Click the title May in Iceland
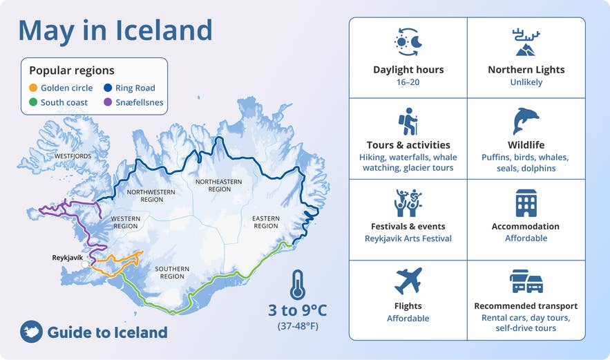point(115,30)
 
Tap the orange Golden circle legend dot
point(33,88)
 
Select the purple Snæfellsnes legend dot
point(108,103)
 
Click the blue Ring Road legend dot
point(108,88)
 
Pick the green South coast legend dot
point(33,103)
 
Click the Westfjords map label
point(73,156)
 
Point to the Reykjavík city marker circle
point(85,264)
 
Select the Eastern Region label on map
point(265,222)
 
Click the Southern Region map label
point(172,273)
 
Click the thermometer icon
point(298,284)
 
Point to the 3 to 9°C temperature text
point(297,310)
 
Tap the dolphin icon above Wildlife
point(526,121)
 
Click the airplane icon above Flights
point(408,281)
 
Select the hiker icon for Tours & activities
point(408,121)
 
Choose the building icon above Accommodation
point(526,203)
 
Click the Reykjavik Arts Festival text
point(408,238)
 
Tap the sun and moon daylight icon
point(408,42)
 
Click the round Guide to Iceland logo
point(31,332)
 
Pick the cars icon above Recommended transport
point(526,281)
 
